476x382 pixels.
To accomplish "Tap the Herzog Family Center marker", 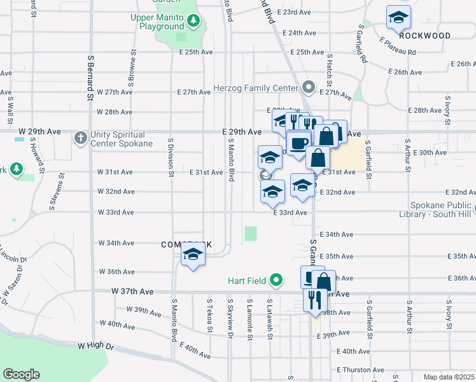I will click(x=310, y=87).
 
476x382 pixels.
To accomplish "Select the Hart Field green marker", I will click(x=276, y=279).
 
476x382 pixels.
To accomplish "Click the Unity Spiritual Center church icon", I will click(x=81, y=138).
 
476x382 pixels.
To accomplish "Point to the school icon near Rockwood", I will click(x=398, y=18).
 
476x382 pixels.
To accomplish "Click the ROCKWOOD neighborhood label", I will click(x=426, y=36).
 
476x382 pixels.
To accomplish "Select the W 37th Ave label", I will click(x=132, y=291).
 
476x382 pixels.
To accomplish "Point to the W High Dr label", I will click(x=95, y=346).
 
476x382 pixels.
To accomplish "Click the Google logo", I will click(x=21, y=374).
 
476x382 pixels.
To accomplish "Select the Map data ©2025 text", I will click(x=449, y=377).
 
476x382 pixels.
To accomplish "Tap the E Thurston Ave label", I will click(x=360, y=369).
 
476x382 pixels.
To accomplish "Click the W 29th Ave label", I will click(x=39, y=132).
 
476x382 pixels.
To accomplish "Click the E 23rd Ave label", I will click(x=297, y=13).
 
